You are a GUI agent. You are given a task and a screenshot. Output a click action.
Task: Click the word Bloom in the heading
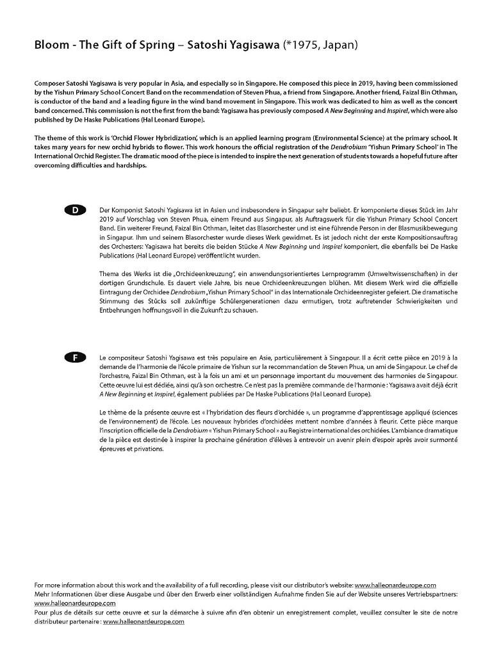pyautogui.click(x=50, y=45)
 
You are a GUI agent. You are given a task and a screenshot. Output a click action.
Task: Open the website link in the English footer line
pyautogui.click(x=395, y=586)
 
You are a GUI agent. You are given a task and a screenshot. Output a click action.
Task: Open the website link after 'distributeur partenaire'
pyautogui.click(x=143, y=621)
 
